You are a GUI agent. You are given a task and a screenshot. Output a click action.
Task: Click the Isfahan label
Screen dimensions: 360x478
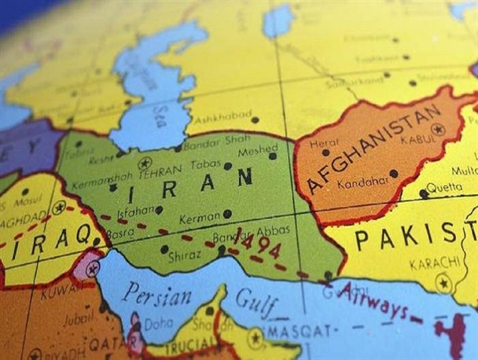[134, 211]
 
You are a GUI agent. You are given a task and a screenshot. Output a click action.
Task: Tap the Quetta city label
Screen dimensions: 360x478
[446, 188]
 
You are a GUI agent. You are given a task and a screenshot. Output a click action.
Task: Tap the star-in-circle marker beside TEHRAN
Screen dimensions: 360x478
[144, 163]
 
